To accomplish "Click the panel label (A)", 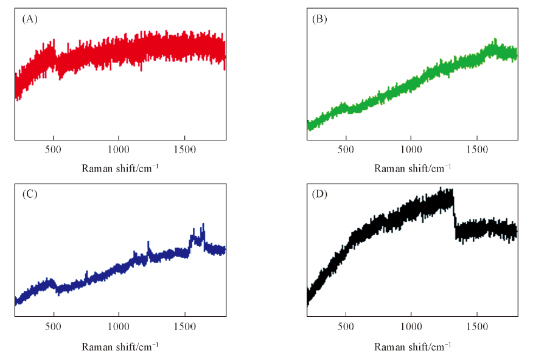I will click(30, 19).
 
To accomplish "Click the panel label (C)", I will click(30, 195).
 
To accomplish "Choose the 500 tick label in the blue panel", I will click(54, 327).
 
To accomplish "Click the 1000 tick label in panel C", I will click(119, 327).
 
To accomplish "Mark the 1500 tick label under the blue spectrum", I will click(185, 327).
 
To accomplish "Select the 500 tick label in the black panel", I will click(346, 327).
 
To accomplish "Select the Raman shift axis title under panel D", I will click(413, 347).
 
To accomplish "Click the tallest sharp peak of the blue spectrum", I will click(203, 225).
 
